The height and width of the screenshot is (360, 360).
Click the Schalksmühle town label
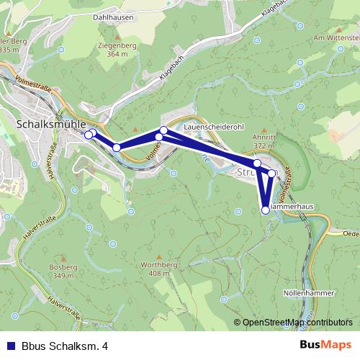pyautogui.click(x=45, y=124)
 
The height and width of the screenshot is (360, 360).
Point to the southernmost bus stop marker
pyautogui.click(x=266, y=210)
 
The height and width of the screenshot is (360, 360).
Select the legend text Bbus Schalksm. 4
pyautogui.click(x=65, y=346)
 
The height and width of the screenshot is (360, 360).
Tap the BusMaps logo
pyautogui.click(x=327, y=346)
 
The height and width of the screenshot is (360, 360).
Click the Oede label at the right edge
pyautogui.click(x=351, y=233)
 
